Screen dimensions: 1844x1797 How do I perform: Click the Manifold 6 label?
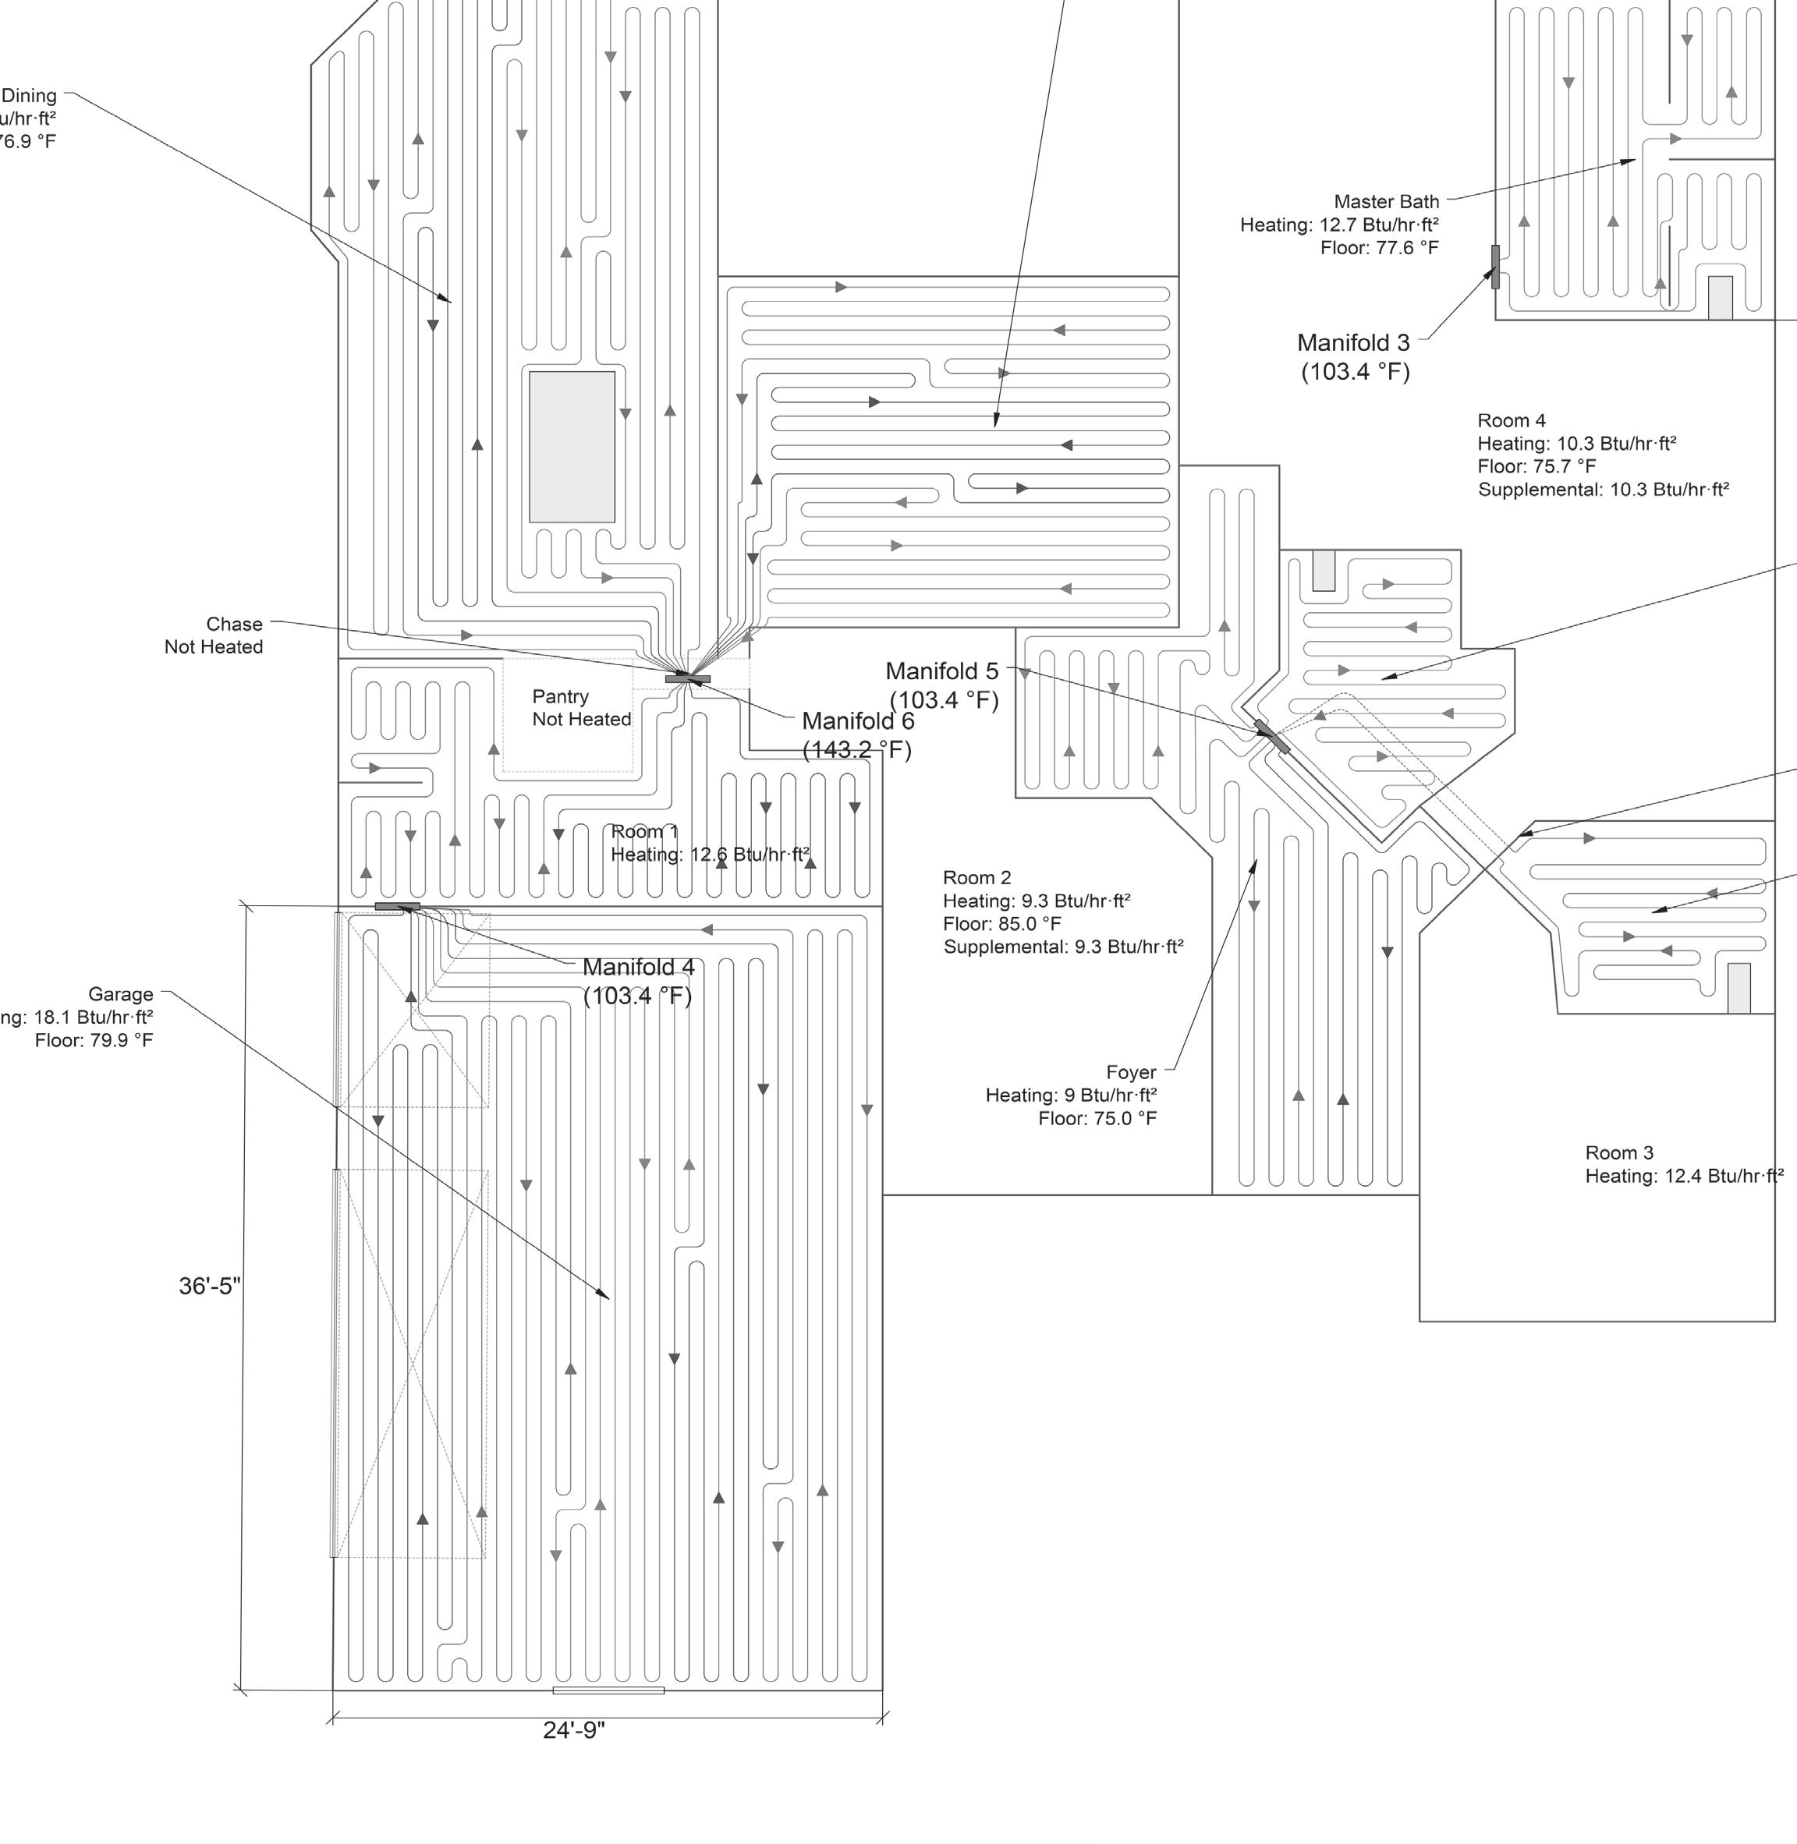tap(857, 721)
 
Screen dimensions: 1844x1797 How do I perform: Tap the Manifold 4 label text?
tap(638, 968)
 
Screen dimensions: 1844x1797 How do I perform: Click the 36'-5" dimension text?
tap(210, 1287)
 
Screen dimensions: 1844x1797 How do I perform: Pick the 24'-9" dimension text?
tap(574, 1730)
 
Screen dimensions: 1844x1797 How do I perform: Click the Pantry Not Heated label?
tap(580, 708)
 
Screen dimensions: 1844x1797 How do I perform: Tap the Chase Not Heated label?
tap(214, 635)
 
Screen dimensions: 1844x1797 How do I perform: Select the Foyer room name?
tap(1131, 1072)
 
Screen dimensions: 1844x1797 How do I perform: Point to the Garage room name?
tap(121, 993)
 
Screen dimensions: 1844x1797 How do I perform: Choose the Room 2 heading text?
tap(976, 878)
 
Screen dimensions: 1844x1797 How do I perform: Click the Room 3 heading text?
tap(1618, 1152)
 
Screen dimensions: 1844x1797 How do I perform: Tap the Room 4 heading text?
tap(1511, 421)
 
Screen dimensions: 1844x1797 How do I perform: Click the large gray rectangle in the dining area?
tap(572, 446)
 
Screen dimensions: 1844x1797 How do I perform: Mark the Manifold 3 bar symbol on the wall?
tap(1495, 267)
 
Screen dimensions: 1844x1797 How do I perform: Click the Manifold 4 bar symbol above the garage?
tap(397, 906)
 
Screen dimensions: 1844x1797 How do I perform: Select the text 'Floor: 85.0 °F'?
tap(1001, 924)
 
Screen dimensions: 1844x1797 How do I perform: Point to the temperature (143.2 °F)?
tap(857, 750)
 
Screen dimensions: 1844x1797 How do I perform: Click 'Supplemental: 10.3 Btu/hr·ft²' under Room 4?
tap(1603, 490)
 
